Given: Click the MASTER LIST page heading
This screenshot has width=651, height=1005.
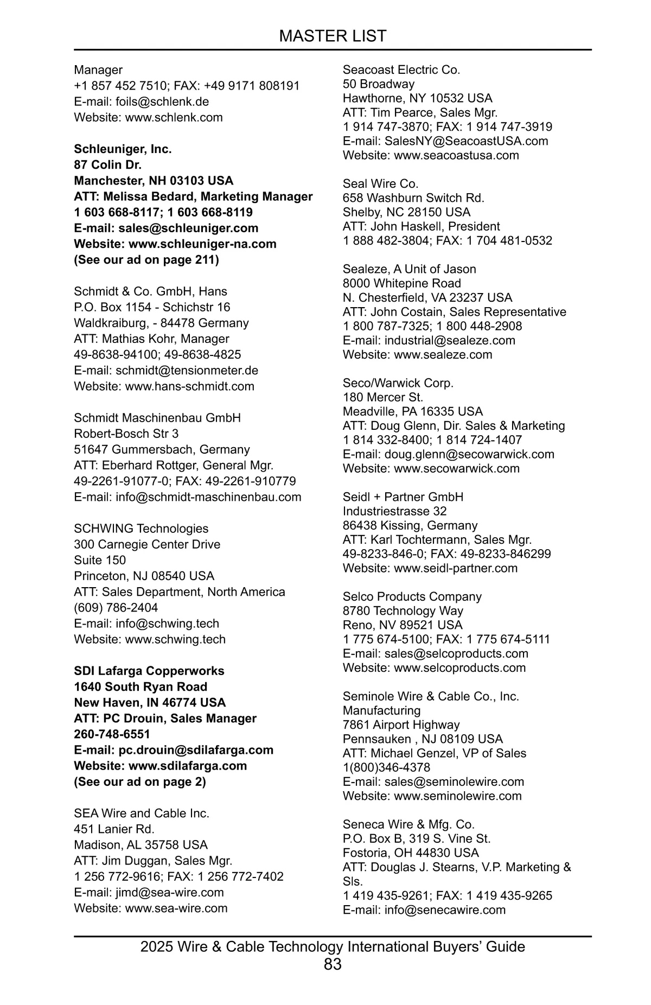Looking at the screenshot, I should [333, 36].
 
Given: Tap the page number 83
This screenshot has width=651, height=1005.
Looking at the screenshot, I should [333, 964].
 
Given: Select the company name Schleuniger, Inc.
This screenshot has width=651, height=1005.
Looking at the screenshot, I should [123, 149].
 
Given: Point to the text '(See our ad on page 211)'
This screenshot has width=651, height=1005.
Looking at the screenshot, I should [146, 260].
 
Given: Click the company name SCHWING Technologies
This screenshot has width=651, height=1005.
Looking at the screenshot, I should [141, 529].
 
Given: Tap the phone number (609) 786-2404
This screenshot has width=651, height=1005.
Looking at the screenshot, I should [116, 608].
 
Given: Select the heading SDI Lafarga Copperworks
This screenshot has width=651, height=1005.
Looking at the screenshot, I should [149, 671].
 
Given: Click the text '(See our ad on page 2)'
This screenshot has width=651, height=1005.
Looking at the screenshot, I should [140, 782].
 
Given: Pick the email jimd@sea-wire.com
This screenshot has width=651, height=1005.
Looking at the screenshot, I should [169, 893].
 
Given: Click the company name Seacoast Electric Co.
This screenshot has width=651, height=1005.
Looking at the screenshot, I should [401, 70].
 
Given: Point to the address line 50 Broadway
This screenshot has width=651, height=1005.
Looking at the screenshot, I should [379, 84].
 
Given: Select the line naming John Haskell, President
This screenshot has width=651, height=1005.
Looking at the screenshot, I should [422, 226].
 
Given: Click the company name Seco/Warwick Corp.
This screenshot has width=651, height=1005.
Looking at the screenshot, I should [398, 383].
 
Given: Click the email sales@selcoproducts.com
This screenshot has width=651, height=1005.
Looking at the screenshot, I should [456, 653].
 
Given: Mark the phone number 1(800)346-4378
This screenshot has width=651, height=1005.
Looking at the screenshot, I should [386, 767].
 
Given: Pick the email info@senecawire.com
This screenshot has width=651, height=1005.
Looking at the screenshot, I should [445, 910].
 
